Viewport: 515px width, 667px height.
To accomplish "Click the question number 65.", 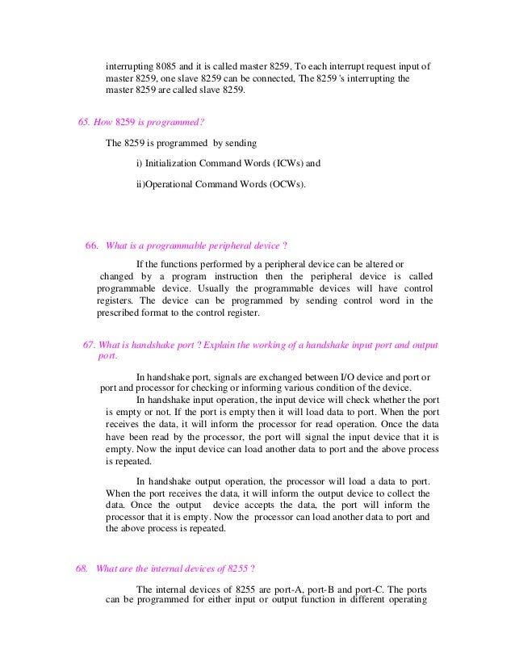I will pyautogui.click(x=83, y=122).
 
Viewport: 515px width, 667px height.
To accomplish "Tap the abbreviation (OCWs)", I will pyautogui.click(x=288, y=184).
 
